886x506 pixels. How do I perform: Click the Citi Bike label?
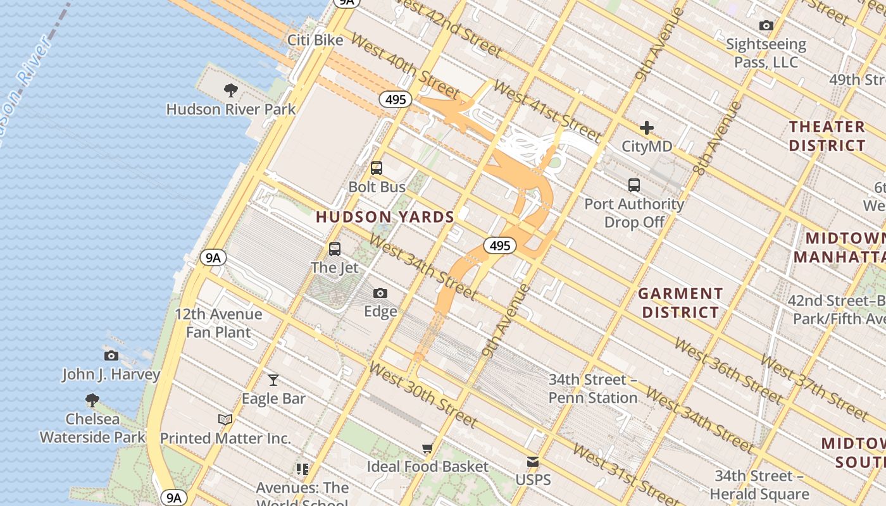[x=315, y=40]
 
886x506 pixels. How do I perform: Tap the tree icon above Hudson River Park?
[x=231, y=90]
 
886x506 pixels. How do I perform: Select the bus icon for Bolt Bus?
[x=377, y=168]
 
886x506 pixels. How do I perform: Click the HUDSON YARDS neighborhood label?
[x=385, y=217]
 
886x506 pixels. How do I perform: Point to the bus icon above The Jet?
[x=335, y=249]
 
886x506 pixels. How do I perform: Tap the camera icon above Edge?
[x=380, y=293]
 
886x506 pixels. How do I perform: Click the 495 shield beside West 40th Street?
[x=396, y=99]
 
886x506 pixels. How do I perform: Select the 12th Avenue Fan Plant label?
[x=218, y=323]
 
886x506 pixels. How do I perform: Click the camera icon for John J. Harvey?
[x=111, y=355]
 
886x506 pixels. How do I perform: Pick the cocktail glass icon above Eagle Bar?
[x=273, y=379]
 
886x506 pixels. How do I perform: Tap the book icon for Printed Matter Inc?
[x=225, y=419]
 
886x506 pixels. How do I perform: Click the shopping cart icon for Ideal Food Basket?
[x=428, y=448]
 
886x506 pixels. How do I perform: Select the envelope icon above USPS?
[x=533, y=462]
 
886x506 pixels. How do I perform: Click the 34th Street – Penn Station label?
[x=593, y=388]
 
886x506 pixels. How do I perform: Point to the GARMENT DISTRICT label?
[x=680, y=303]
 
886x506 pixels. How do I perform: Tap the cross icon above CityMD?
[x=646, y=128]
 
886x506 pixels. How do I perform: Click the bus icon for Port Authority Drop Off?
[x=634, y=185]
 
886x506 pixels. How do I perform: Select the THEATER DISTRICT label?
[x=827, y=136]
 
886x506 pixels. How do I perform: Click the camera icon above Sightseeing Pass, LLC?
[x=766, y=26]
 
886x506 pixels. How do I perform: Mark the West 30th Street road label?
[x=423, y=395]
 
